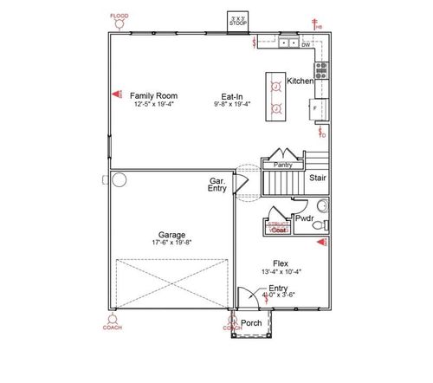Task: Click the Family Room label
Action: [154, 94]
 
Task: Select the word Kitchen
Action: [300, 81]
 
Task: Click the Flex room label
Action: [280, 263]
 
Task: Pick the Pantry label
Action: [282, 164]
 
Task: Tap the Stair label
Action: [318, 178]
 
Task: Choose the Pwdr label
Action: [304, 220]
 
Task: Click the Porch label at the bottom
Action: [251, 323]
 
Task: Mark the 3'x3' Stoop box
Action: [236, 21]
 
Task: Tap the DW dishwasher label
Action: [306, 44]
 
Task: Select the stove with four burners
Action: [321, 70]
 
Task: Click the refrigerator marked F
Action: [316, 110]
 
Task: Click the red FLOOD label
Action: [118, 16]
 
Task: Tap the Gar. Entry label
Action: [217, 185]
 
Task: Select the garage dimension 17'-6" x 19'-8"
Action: [170, 243]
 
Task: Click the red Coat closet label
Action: [278, 230]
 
